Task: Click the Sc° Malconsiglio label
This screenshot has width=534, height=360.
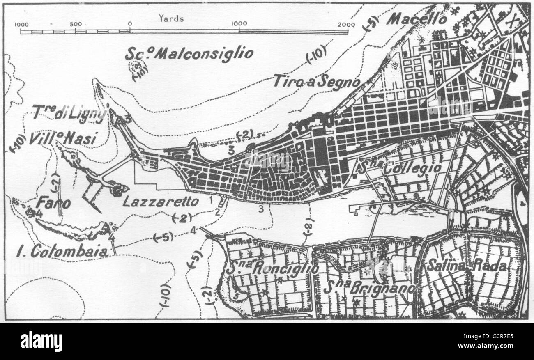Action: tap(189, 53)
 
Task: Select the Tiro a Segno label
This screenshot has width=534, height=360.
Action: tap(317, 81)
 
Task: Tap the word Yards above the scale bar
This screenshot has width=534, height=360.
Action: tap(171, 18)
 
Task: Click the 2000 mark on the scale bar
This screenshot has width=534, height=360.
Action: tap(346, 24)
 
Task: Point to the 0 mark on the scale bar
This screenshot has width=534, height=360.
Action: tap(129, 24)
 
